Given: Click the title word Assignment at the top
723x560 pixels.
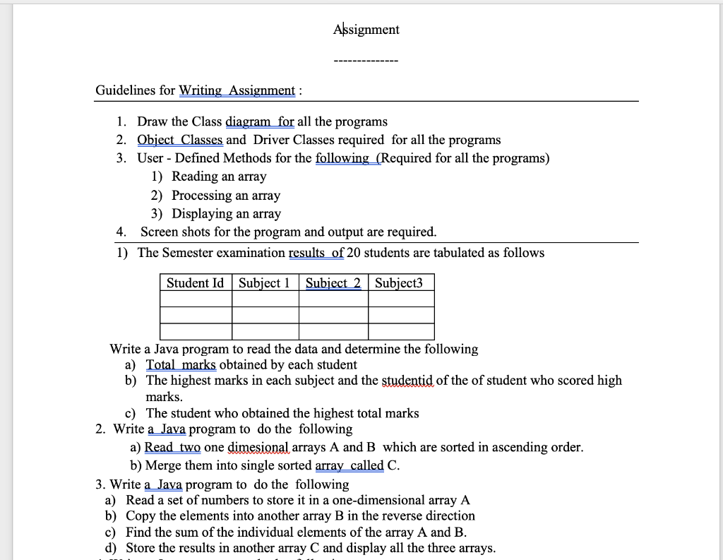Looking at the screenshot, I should click(x=366, y=30).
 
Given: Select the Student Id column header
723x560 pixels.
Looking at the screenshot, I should click(x=195, y=283).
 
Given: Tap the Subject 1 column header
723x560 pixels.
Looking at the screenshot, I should click(x=265, y=283).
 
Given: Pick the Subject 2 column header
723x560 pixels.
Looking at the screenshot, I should click(x=333, y=283).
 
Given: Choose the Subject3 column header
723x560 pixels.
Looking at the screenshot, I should click(x=399, y=283).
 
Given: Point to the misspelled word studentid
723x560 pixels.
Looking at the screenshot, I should click(x=407, y=381).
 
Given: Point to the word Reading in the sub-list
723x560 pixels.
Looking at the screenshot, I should click(x=195, y=177).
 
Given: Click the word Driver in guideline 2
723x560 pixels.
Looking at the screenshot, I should click(x=271, y=140).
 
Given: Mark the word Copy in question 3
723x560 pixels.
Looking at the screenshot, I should click(x=141, y=516).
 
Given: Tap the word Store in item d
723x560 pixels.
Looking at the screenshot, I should click(x=142, y=549).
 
